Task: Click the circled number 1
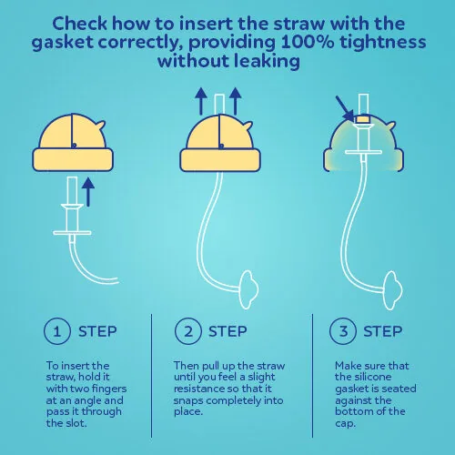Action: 57,331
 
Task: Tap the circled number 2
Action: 188,331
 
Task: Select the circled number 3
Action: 343,331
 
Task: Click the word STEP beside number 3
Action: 383,331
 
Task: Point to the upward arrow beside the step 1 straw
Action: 88,192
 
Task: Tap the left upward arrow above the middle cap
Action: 201,101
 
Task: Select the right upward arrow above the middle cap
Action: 236,101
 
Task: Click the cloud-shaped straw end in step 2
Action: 249,289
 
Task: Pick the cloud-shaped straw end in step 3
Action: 393,290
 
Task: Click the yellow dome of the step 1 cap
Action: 73,132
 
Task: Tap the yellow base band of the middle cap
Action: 220,160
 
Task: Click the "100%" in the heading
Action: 307,42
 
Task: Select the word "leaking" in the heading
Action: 267,61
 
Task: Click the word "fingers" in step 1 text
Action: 109,389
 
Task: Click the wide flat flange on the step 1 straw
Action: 72,233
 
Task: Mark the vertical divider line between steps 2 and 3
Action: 312,376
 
